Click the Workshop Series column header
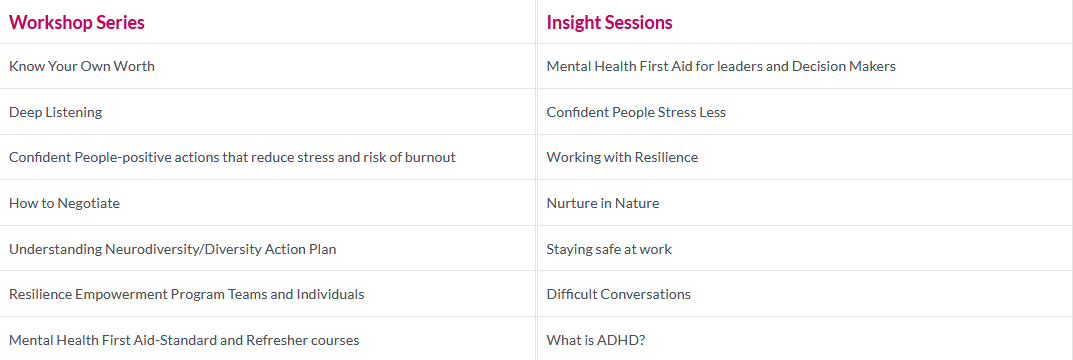click(x=77, y=23)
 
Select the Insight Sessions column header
click(x=609, y=23)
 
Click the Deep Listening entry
click(x=55, y=112)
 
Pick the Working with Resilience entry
click(x=623, y=157)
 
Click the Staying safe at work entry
click(x=609, y=249)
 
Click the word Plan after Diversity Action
click(x=324, y=249)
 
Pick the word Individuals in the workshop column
click(x=330, y=294)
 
